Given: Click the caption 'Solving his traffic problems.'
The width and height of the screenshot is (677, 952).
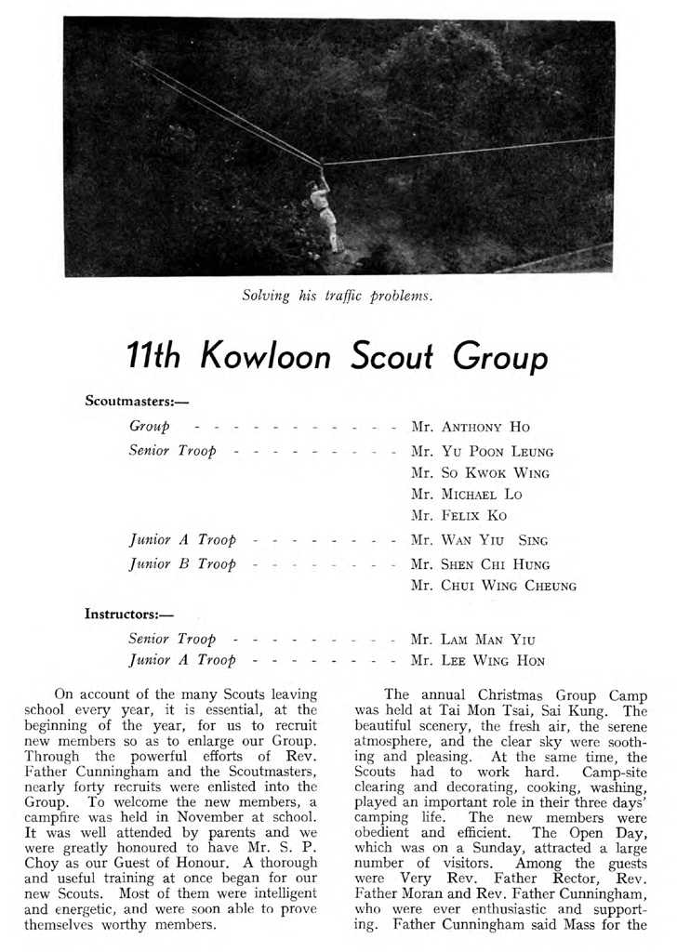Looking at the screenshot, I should pyautogui.click(x=338, y=296).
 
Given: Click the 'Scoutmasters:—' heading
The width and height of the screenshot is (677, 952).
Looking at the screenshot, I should pyautogui.click(x=124, y=402).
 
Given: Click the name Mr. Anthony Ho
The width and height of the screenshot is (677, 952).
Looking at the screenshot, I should pyautogui.click(x=470, y=428).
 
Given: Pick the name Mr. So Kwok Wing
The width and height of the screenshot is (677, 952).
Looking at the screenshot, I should pyautogui.click(x=480, y=473).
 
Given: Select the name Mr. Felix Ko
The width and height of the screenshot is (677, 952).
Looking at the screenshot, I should pyautogui.click(x=453, y=516).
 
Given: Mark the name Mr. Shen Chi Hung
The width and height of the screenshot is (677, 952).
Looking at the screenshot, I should pyautogui.click(x=482, y=564).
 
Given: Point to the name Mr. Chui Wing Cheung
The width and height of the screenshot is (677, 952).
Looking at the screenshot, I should pyautogui.click(x=494, y=587).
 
